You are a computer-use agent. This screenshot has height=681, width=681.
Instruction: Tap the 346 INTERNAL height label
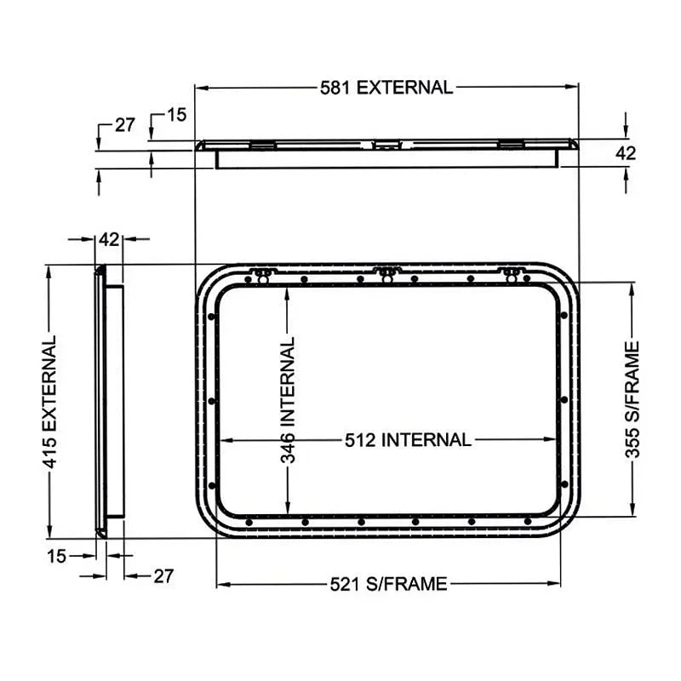coord(289,399)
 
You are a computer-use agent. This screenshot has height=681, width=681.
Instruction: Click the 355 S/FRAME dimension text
coord(632,399)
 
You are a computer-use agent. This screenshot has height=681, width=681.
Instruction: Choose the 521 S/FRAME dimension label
coord(388,584)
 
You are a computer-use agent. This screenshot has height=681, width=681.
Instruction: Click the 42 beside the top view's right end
coord(626,153)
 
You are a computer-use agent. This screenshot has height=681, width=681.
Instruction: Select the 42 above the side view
coord(108,239)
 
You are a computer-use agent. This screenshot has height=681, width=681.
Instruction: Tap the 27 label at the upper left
coord(125,124)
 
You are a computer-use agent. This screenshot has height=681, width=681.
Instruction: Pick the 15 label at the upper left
coord(176,114)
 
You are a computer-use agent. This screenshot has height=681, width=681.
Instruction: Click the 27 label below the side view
coord(163,576)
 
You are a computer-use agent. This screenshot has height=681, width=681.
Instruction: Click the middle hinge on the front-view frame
coord(387,274)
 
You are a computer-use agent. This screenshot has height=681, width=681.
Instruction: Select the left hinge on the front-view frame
coord(261,275)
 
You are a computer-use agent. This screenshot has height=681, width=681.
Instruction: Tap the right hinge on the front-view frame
coord(512,274)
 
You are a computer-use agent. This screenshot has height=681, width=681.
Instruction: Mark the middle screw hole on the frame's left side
coord(210,400)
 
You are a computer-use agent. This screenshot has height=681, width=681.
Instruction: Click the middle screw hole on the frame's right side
coord(564,400)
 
